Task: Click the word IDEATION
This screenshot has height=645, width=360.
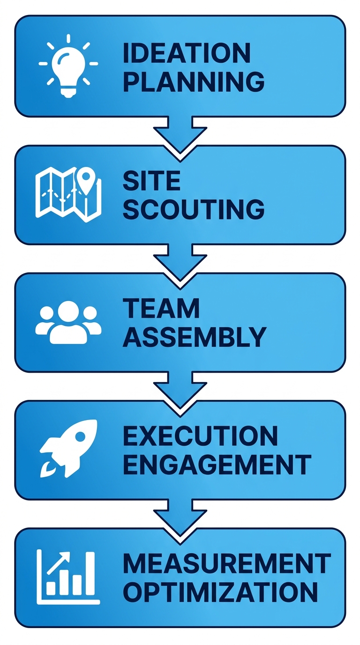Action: tap(186, 54)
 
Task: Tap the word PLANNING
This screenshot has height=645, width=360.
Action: tap(193, 82)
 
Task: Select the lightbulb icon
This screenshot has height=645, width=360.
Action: tap(68, 66)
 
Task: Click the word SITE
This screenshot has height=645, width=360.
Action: tap(151, 181)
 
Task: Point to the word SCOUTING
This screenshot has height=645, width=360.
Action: tap(193, 210)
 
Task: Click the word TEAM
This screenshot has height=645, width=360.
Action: tap(161, 308)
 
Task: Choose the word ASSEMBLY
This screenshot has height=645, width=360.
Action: tap(194, 337)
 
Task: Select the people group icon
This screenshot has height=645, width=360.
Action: tap(68, 322)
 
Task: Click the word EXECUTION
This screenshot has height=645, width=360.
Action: tap(200, 436)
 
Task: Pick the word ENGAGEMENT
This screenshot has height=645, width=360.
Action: tap(217, 465)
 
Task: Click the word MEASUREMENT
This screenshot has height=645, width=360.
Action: tap(227, 563)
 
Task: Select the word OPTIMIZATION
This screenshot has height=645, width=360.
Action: tap(220, 592)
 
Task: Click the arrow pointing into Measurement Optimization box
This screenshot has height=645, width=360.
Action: tap(180, 516)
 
